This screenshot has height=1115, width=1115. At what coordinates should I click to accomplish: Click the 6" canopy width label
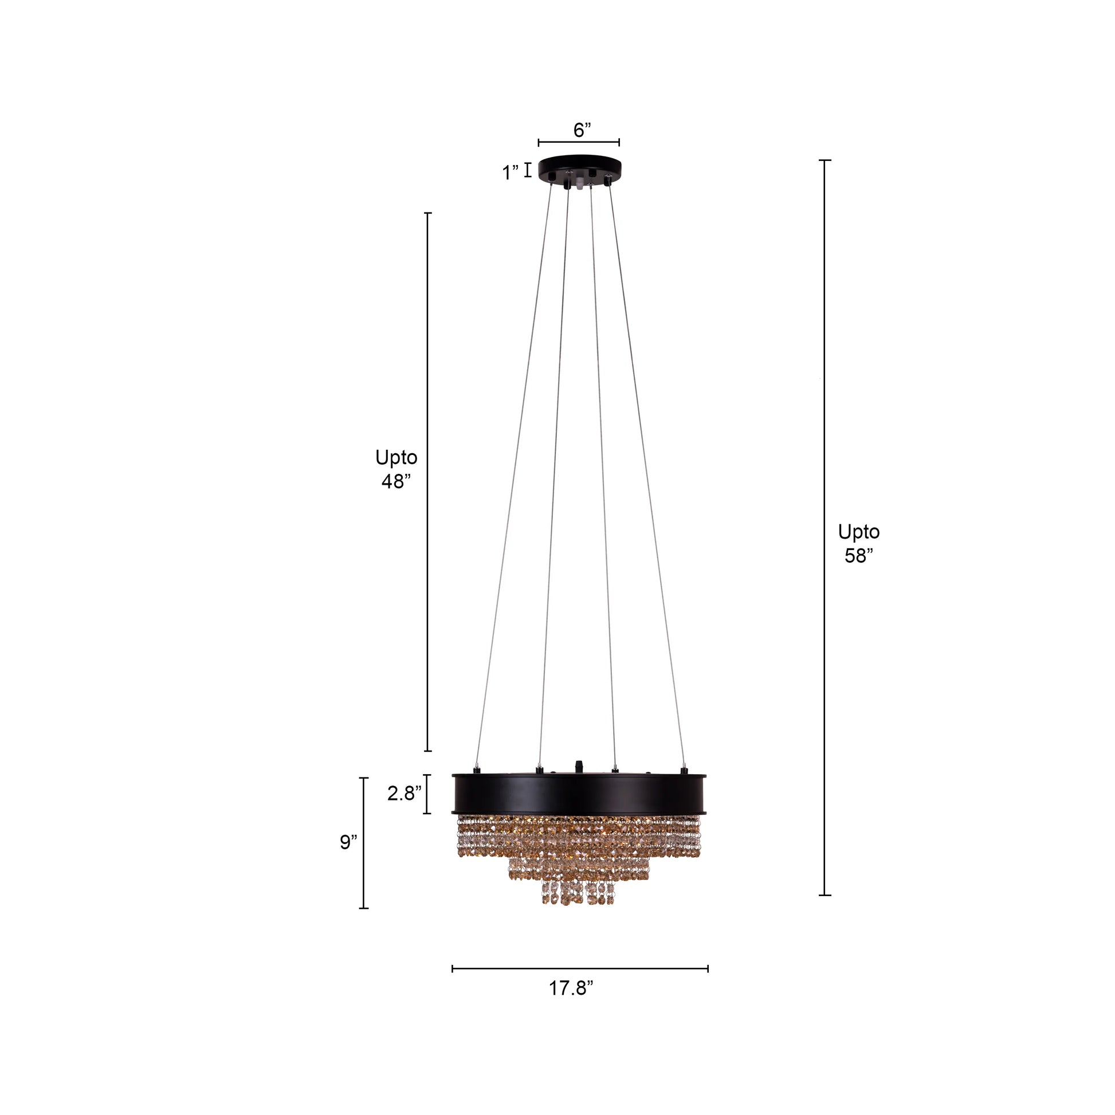point(582,130)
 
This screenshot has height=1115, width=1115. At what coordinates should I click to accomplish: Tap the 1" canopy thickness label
point(509,172)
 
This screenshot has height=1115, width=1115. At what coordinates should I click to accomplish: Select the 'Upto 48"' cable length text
point(396,469)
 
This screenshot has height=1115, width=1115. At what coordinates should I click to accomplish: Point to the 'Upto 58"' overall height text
point(858,543)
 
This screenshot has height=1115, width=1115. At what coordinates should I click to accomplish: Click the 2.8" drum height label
point(404,794)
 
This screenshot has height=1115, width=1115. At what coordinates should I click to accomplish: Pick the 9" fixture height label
point(348,842)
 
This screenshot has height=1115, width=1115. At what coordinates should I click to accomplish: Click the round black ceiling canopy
point(579,166)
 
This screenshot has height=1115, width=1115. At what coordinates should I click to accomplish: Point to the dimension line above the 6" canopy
point(579,142)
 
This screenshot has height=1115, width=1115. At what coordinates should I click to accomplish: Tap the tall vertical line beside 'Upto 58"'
point(825,528)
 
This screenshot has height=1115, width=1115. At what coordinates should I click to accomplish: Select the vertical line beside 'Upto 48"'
point(427,482)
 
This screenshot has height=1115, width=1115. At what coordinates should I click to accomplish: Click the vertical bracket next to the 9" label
point(364,843)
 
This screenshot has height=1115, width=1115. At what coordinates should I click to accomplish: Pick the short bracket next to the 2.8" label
point(427,794)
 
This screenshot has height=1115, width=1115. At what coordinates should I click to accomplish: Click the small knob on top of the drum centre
point(579,766)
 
